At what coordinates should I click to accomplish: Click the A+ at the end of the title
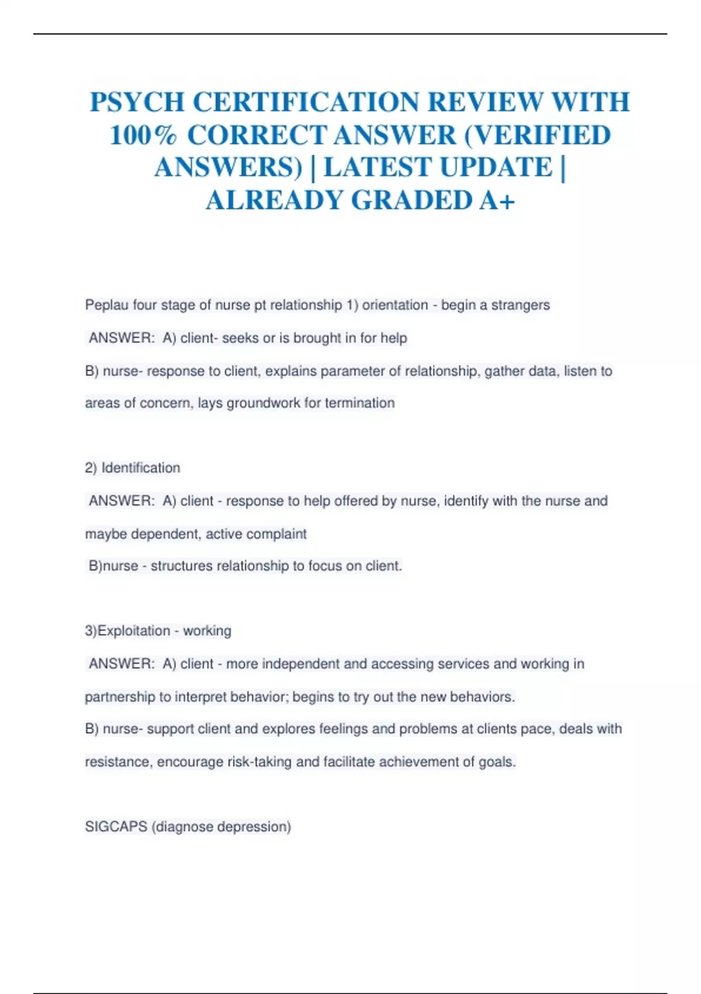tap(497, 200)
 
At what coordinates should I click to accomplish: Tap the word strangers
tap(520, 305)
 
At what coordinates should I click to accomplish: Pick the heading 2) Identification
tap(133, 468)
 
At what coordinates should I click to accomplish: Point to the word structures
tap(181, 566)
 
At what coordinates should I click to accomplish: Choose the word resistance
tap(119, 762)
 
